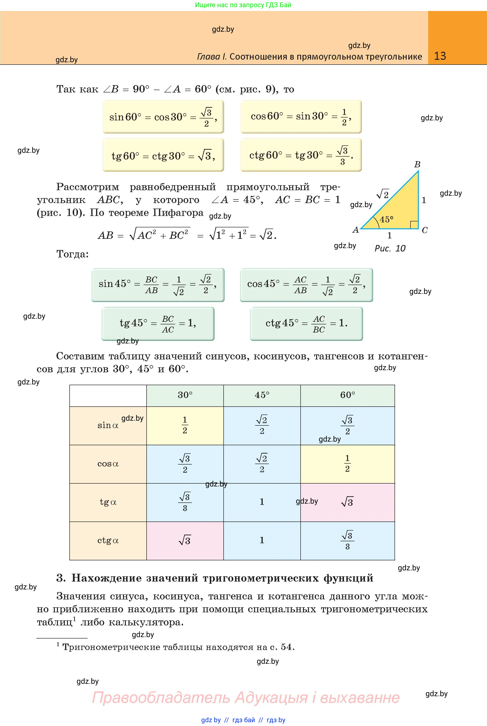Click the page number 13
[440, 56]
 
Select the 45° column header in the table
[262, 395]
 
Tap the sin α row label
[108, 425]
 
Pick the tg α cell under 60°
[347, 502]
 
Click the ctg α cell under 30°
[185, 541]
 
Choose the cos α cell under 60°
[347, 464]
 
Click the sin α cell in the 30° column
[185, 425]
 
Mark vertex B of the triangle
[417, 164]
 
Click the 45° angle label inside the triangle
[386, 219]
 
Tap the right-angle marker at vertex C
[414, 225]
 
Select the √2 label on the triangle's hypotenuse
[383, 194]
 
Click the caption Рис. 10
[390, 248]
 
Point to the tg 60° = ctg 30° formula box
[163, 155]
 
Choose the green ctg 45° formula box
[306, 324]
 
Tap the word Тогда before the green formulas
[72, 254]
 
